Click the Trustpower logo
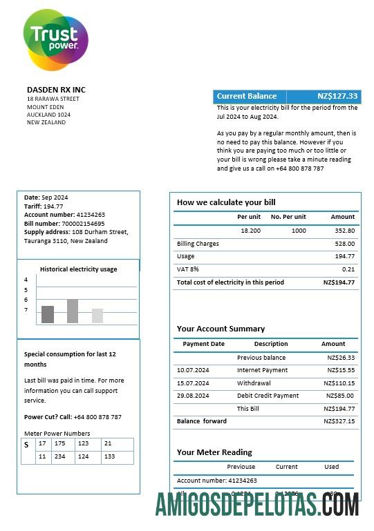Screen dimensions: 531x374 [55, 39]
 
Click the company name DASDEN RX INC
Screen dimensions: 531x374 [56, 90]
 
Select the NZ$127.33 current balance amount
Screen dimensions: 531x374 [337, 97]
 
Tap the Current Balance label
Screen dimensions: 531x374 [247, 97]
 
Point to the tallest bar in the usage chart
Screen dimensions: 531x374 [73, 311]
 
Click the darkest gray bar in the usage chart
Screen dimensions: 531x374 [48, 314]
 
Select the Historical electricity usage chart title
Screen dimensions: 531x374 [78, 269]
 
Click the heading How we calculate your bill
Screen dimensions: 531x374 [226, 202]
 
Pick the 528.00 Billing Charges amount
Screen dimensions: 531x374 [344, 244]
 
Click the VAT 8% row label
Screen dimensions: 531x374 [188, 269]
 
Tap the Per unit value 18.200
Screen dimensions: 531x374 [250, 231]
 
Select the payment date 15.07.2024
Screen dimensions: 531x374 [193, 383]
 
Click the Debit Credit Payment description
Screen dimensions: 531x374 [268, 396]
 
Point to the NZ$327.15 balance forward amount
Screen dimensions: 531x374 [340, 421]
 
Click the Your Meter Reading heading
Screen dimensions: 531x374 [214, 452]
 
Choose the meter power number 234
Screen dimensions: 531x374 [61, 456]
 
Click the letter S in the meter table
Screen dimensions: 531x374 [26, 445]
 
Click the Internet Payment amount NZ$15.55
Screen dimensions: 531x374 [341, 371]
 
